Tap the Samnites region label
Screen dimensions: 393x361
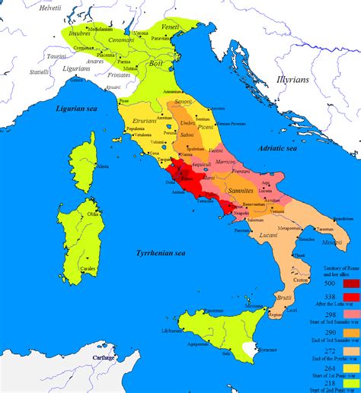click(241, 187)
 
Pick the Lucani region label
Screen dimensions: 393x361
click(268, 236)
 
